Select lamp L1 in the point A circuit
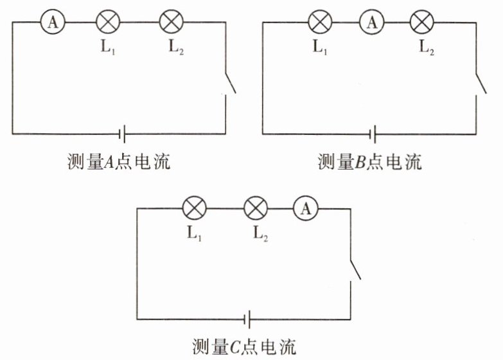point(108,22)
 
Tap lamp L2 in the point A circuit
point(171,22)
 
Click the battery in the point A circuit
point(121,134)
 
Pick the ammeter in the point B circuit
point(371,22)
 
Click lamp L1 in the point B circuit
point(319,22)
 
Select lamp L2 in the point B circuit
point(421,22)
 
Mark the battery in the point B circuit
point(372,134)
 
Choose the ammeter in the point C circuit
point(306,208)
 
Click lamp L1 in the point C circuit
point(193,208)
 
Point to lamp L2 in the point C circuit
point(256,208)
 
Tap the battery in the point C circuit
point(247,319)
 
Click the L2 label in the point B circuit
point(425,48)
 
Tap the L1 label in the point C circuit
point(194,235)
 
